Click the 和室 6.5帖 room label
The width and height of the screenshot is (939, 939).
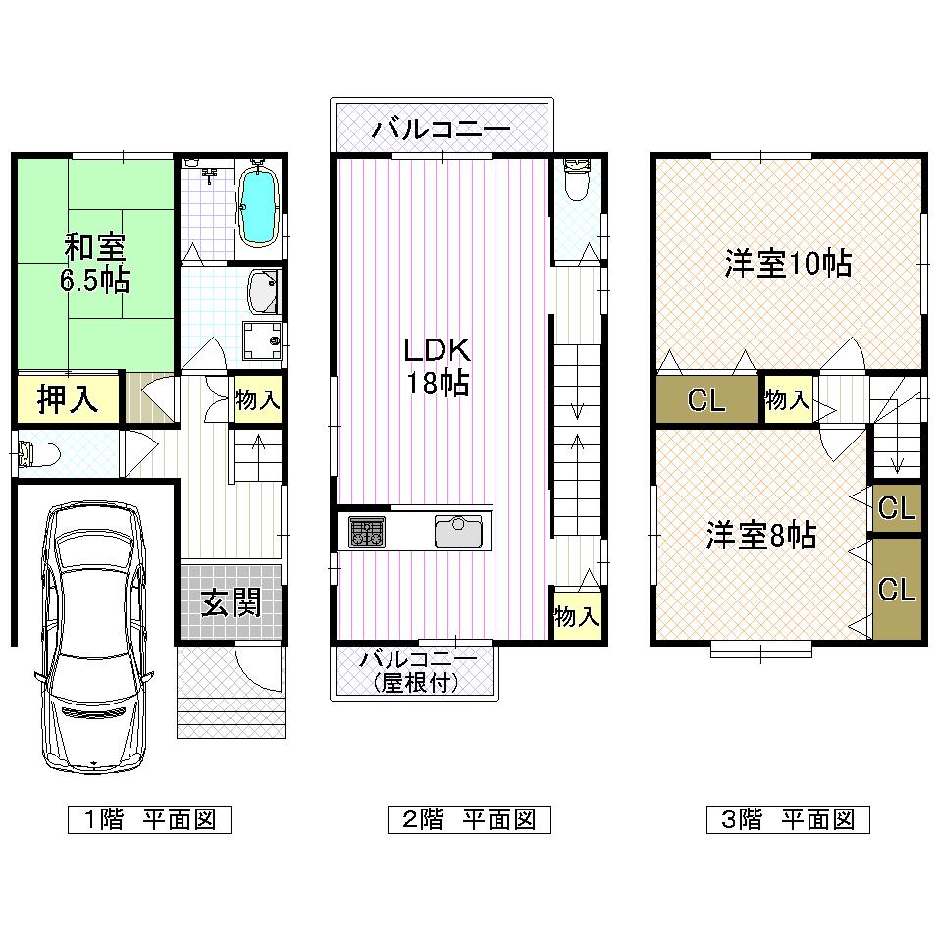(x=95, y=262)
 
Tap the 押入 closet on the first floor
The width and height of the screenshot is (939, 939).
(x=67, y=399)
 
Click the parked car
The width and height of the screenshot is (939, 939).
(x=92, y=638)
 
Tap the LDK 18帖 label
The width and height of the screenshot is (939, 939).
(x=439, y=365)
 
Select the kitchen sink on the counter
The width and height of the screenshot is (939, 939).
(x=458, y=533)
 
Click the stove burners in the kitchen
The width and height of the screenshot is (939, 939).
(x=367, y=533)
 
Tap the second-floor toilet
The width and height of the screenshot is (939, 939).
(x=577, y=181)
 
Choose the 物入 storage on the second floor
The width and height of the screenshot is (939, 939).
(x=576, y=617)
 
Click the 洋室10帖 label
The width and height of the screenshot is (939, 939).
(x=788, y=264)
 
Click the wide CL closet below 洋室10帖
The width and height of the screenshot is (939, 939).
(x=706, y=400)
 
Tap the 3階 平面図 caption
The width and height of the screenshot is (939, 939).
(x=788, y=819)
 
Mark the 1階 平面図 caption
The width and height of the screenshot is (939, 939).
(x=149, y=819)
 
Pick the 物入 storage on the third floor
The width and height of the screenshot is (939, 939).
(x=788, y=399)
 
